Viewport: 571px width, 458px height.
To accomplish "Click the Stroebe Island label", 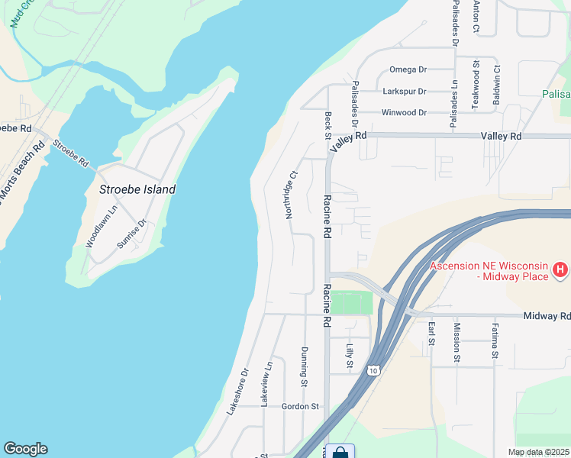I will pos(137,189).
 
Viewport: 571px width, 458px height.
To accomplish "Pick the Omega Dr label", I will pos(408,69).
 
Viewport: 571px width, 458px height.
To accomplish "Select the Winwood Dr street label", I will pos(403,113).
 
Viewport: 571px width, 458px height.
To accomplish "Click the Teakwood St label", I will pos(476,85).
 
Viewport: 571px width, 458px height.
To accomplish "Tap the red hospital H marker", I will pos(560,269).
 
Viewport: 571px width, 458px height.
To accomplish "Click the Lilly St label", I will pos(350,357).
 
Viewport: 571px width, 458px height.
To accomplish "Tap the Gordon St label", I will pos(300,407).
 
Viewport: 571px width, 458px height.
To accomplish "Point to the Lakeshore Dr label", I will pos(237,392).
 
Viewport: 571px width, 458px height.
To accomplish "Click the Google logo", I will pos(25,449).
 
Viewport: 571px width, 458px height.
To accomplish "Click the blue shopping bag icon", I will pos(340,452).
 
